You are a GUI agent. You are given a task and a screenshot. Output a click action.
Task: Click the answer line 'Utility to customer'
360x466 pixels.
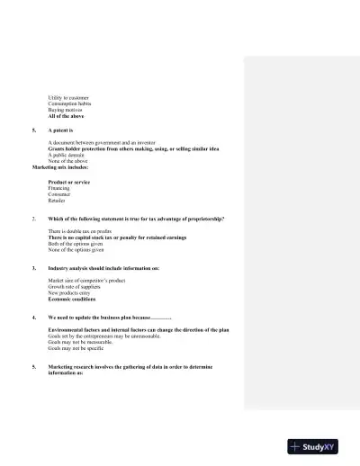click(x=68, y=97)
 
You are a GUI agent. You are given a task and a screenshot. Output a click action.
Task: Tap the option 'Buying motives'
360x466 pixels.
click(x=66, y=110)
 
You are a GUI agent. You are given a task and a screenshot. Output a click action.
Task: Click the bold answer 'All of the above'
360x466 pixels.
click(x=66, y=116)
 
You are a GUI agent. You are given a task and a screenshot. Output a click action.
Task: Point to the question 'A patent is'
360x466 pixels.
click(x=61, y=130)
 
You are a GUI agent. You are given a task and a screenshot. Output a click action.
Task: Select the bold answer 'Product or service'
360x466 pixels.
click(x=68, y=182)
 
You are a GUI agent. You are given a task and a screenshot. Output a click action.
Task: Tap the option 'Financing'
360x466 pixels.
click(x=59, y=188)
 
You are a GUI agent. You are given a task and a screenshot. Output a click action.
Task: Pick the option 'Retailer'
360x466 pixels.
click(x=58, y=201)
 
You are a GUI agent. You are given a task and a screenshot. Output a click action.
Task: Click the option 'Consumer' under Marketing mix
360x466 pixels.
click(x=60, y=194)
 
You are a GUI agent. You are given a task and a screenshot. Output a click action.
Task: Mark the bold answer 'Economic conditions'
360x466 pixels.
click(x=72, y=300)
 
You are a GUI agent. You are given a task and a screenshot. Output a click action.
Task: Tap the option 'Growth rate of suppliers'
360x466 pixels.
click(x=75, y=287)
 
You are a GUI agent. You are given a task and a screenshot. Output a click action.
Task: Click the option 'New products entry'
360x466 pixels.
click(x=69, y=293)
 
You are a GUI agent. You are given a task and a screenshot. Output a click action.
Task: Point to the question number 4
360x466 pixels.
click(x=33, y=318)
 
